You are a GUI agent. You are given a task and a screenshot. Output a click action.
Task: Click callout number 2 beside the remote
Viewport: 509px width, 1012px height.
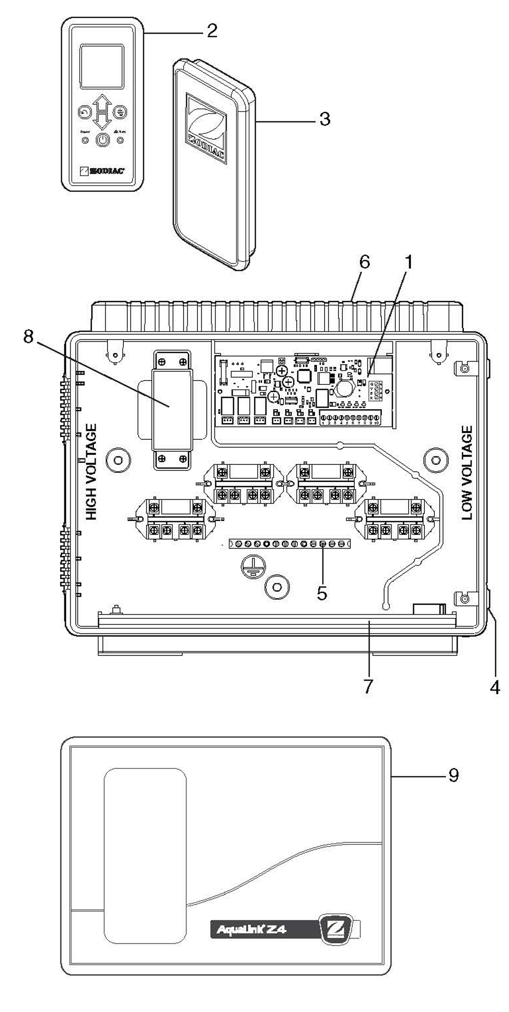211,31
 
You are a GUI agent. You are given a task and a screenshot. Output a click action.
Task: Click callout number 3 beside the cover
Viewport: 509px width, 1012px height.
325,119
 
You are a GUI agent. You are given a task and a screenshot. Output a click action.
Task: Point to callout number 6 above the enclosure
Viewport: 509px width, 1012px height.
365,262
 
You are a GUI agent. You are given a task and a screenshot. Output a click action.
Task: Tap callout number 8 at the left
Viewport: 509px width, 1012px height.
28,337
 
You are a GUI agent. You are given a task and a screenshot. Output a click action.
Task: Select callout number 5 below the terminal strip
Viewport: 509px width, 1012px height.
322,593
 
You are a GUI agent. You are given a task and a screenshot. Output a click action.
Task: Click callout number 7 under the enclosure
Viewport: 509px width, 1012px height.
368,686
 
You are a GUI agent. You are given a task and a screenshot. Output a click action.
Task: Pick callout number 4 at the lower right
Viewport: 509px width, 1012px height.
494,688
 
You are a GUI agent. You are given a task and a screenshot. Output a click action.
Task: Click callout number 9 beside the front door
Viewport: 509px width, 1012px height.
453,775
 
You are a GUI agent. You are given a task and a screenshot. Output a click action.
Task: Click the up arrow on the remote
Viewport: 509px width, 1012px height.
103,102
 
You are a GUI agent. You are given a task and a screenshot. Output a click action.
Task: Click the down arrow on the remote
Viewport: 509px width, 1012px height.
103,121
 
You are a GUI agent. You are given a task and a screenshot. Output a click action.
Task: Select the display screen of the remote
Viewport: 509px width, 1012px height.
102,66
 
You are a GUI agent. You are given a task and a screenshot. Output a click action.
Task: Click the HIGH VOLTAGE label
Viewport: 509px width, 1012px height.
91,472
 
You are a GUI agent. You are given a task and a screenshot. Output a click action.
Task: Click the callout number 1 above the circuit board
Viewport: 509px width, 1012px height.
409,262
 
